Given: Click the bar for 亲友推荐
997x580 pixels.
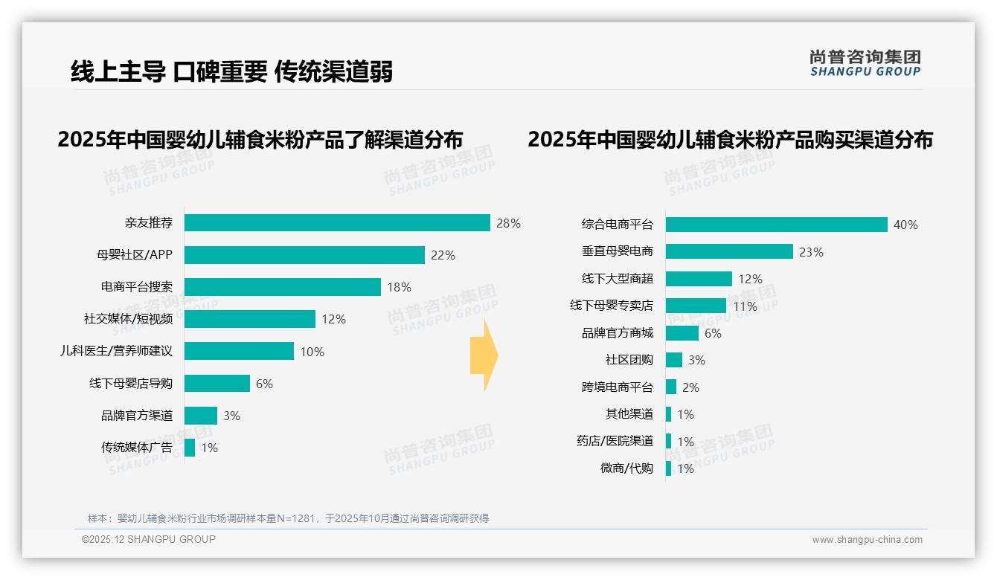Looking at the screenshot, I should [337, 223].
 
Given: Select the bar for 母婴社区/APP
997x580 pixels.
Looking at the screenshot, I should [304, 255].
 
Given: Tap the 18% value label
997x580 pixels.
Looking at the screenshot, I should [399, 287].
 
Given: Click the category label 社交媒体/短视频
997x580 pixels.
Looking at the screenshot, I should [128, 319].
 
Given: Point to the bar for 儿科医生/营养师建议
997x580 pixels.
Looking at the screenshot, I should [239, 351].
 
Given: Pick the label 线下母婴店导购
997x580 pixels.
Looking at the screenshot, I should [131, 384].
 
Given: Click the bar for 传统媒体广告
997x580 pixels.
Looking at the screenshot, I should [190, 448].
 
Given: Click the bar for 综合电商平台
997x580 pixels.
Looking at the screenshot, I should [776, 225].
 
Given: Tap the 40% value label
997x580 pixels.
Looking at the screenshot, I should [905, 225].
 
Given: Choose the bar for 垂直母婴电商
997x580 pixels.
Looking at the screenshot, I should [729, 251].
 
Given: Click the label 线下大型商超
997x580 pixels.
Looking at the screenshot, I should [618, 279].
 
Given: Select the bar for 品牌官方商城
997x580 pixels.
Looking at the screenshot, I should [682, 333].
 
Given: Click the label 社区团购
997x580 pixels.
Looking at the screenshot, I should [629, 360].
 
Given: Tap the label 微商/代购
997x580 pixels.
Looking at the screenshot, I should [626, 468].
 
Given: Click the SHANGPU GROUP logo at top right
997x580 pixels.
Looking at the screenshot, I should [865, 63].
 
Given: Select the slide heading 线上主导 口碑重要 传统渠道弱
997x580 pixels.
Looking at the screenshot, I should [231, 71].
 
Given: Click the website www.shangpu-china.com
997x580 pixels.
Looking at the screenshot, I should [867, 540].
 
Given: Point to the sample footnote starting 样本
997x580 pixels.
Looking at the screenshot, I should [288, 518].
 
